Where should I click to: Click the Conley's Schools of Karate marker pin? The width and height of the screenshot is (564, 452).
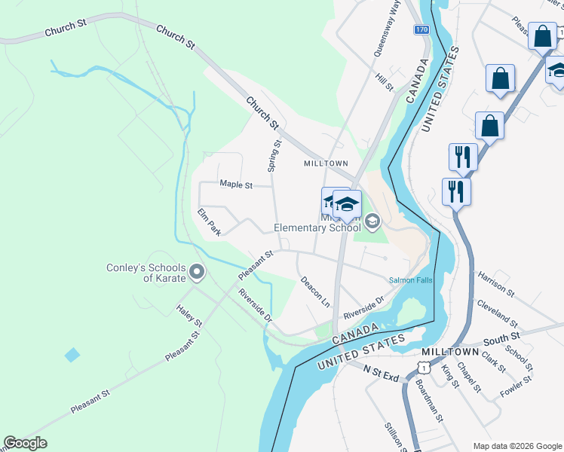point(197,270)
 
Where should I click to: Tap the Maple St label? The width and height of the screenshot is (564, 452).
point(234,184)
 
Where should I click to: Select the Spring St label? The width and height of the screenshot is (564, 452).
point(275,155)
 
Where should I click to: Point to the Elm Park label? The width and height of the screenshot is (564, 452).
point(209,222)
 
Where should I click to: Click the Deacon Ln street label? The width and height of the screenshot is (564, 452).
point(315,290)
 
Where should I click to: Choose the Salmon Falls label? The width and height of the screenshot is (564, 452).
point(411,280)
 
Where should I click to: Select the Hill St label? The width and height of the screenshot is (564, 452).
point(385,82)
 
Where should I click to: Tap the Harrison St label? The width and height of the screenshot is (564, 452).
point(495,286)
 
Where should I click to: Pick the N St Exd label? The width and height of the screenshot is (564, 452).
point(380,373)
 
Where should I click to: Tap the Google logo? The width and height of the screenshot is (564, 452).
point(25,443)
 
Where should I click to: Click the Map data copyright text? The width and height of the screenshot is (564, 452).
point(517,446)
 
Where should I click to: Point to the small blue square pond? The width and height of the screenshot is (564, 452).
point(72,355)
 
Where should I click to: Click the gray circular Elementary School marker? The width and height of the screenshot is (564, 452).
point(372,221)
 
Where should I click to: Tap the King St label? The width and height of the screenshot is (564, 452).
point(449,374)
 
